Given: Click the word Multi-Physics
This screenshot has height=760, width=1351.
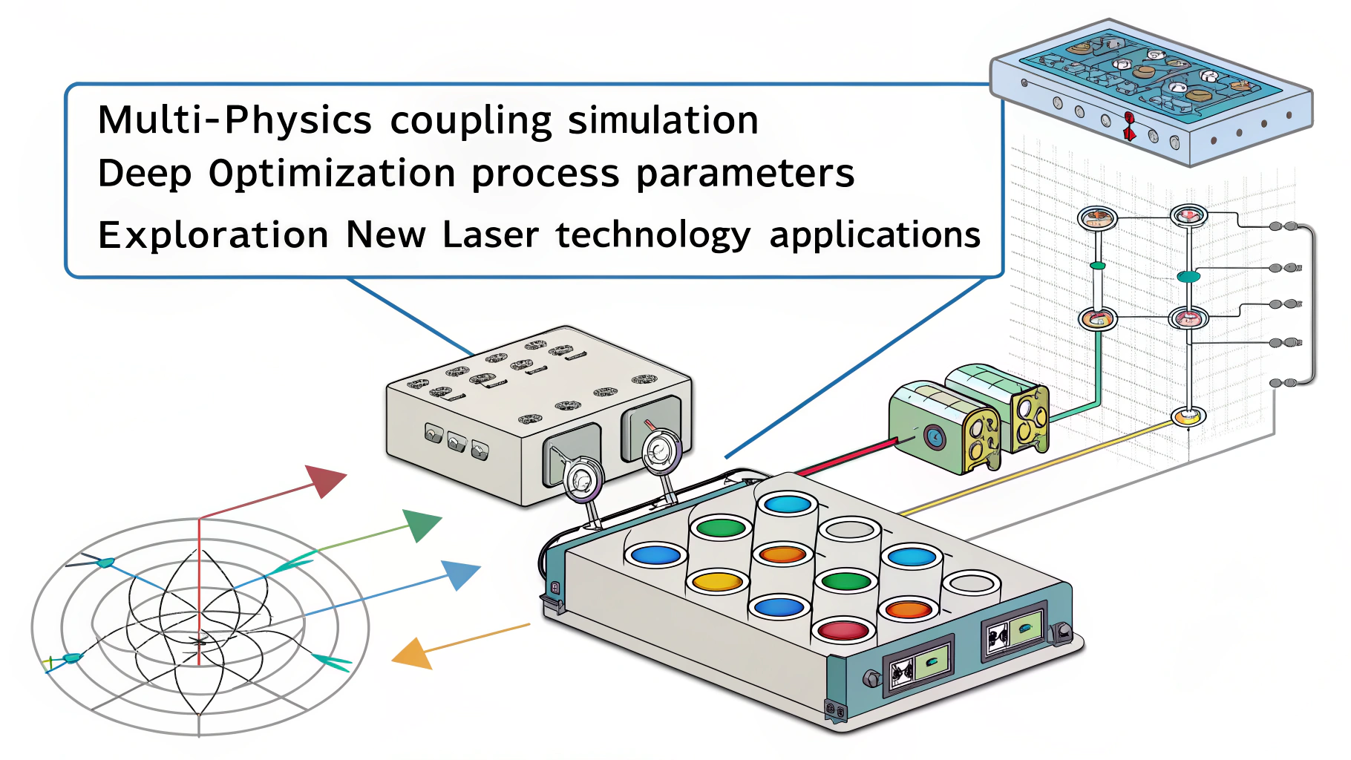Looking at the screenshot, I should pyautogui.click(x=235, y=121).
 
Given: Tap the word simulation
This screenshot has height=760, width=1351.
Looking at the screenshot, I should pyautogui.click(x=663, y=121).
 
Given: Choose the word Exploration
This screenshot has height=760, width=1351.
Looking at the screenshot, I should pyautogui.click(x=213, y=236).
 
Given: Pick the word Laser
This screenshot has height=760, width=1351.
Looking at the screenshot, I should pyautogui.click(x=491, y=235).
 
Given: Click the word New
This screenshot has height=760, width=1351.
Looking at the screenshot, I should pyautogui.click(x=386, y=235).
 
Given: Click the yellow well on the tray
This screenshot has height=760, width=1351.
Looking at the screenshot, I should pyautogui.click(x=717, y=581).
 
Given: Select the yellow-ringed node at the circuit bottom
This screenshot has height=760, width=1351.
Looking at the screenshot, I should pyautogui.click(x=1187, y=417).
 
